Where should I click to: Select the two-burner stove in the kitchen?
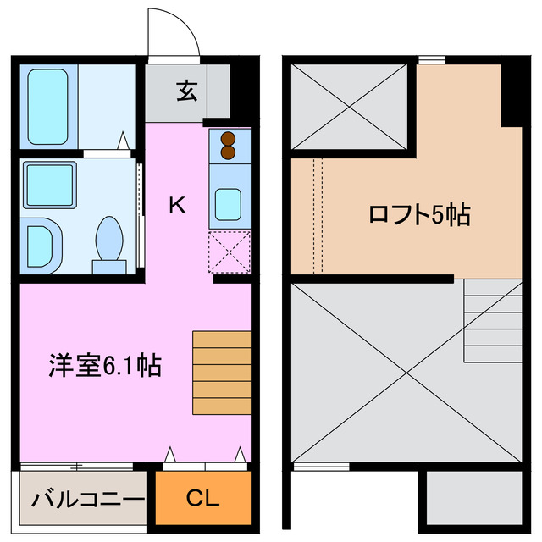point(229,146)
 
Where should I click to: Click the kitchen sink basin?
point(229,203)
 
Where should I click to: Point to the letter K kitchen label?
point(176,204)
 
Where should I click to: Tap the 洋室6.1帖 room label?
point(103,366)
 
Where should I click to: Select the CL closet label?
point(202,498)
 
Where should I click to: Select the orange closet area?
point(202,498)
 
